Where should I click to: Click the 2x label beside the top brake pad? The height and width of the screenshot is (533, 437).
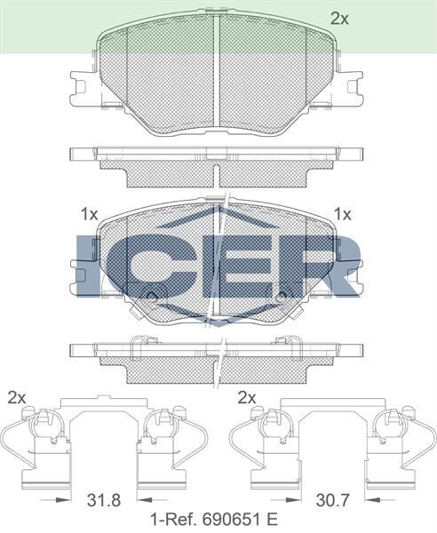(339, 17)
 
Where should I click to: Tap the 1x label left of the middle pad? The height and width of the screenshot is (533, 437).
(88, 213)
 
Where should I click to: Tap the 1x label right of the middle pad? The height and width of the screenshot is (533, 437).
(342, 213)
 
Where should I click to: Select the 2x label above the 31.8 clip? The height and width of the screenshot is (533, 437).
(16, 396)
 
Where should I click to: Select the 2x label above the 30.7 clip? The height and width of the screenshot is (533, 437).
(247, 396)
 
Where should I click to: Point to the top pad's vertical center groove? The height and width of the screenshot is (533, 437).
(218, 71)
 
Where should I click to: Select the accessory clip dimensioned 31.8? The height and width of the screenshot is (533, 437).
(103, 441)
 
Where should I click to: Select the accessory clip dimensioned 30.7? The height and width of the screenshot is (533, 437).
(332, 441)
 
